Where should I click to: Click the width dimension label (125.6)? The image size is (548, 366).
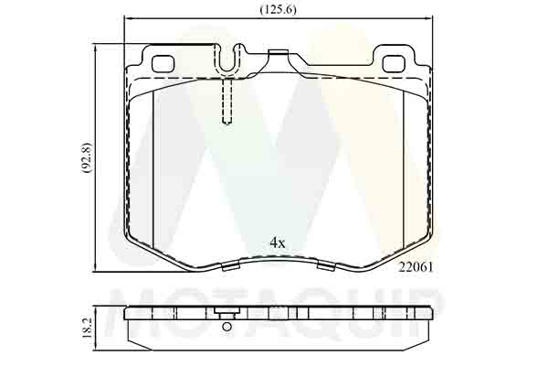tap(279, 9)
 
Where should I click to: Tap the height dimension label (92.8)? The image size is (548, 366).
tap(87, 157)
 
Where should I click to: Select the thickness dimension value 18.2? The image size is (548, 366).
tap(87, 328)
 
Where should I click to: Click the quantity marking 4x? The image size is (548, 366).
tap(278, 242)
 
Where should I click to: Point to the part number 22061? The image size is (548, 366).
tap(416, 267)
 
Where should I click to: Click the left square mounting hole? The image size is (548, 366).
tap(163, 63)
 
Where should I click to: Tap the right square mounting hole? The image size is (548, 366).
tap(395, 63)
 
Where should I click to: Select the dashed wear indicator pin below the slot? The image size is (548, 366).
tap(227, 102)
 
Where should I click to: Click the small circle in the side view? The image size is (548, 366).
tap(227, 327)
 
